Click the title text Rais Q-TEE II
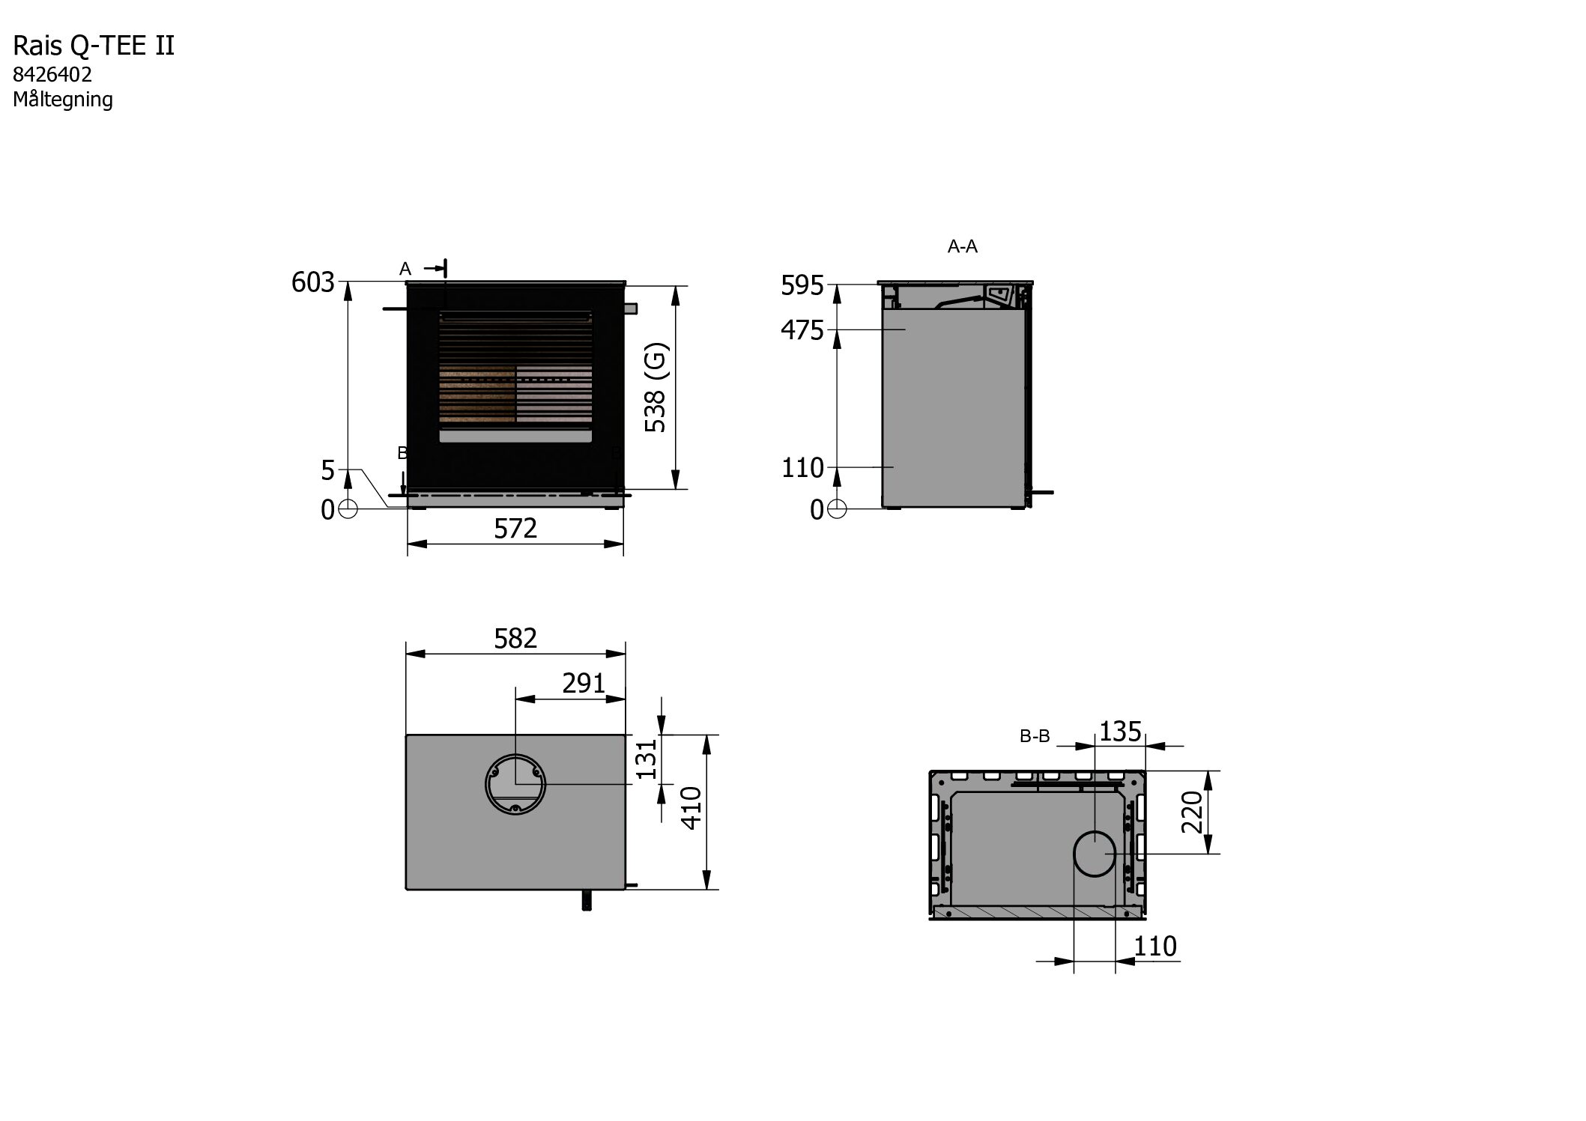tap(94, 46)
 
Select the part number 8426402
tap(52, 75)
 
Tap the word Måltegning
tap(63, 100)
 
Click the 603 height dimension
tap(312, 282)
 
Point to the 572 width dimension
tap(515, 529)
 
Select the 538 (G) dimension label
tap(655, 388)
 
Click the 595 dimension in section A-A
tap(802, 285)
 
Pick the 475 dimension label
tap(802, 330)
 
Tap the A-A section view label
tap(963, 246)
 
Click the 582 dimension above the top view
tap(515, 638)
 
